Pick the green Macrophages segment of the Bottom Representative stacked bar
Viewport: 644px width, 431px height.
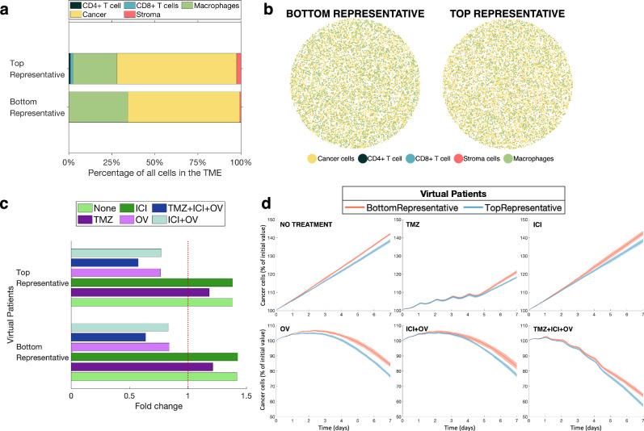[98, 107]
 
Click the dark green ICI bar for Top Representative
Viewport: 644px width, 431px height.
[152, 282]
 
